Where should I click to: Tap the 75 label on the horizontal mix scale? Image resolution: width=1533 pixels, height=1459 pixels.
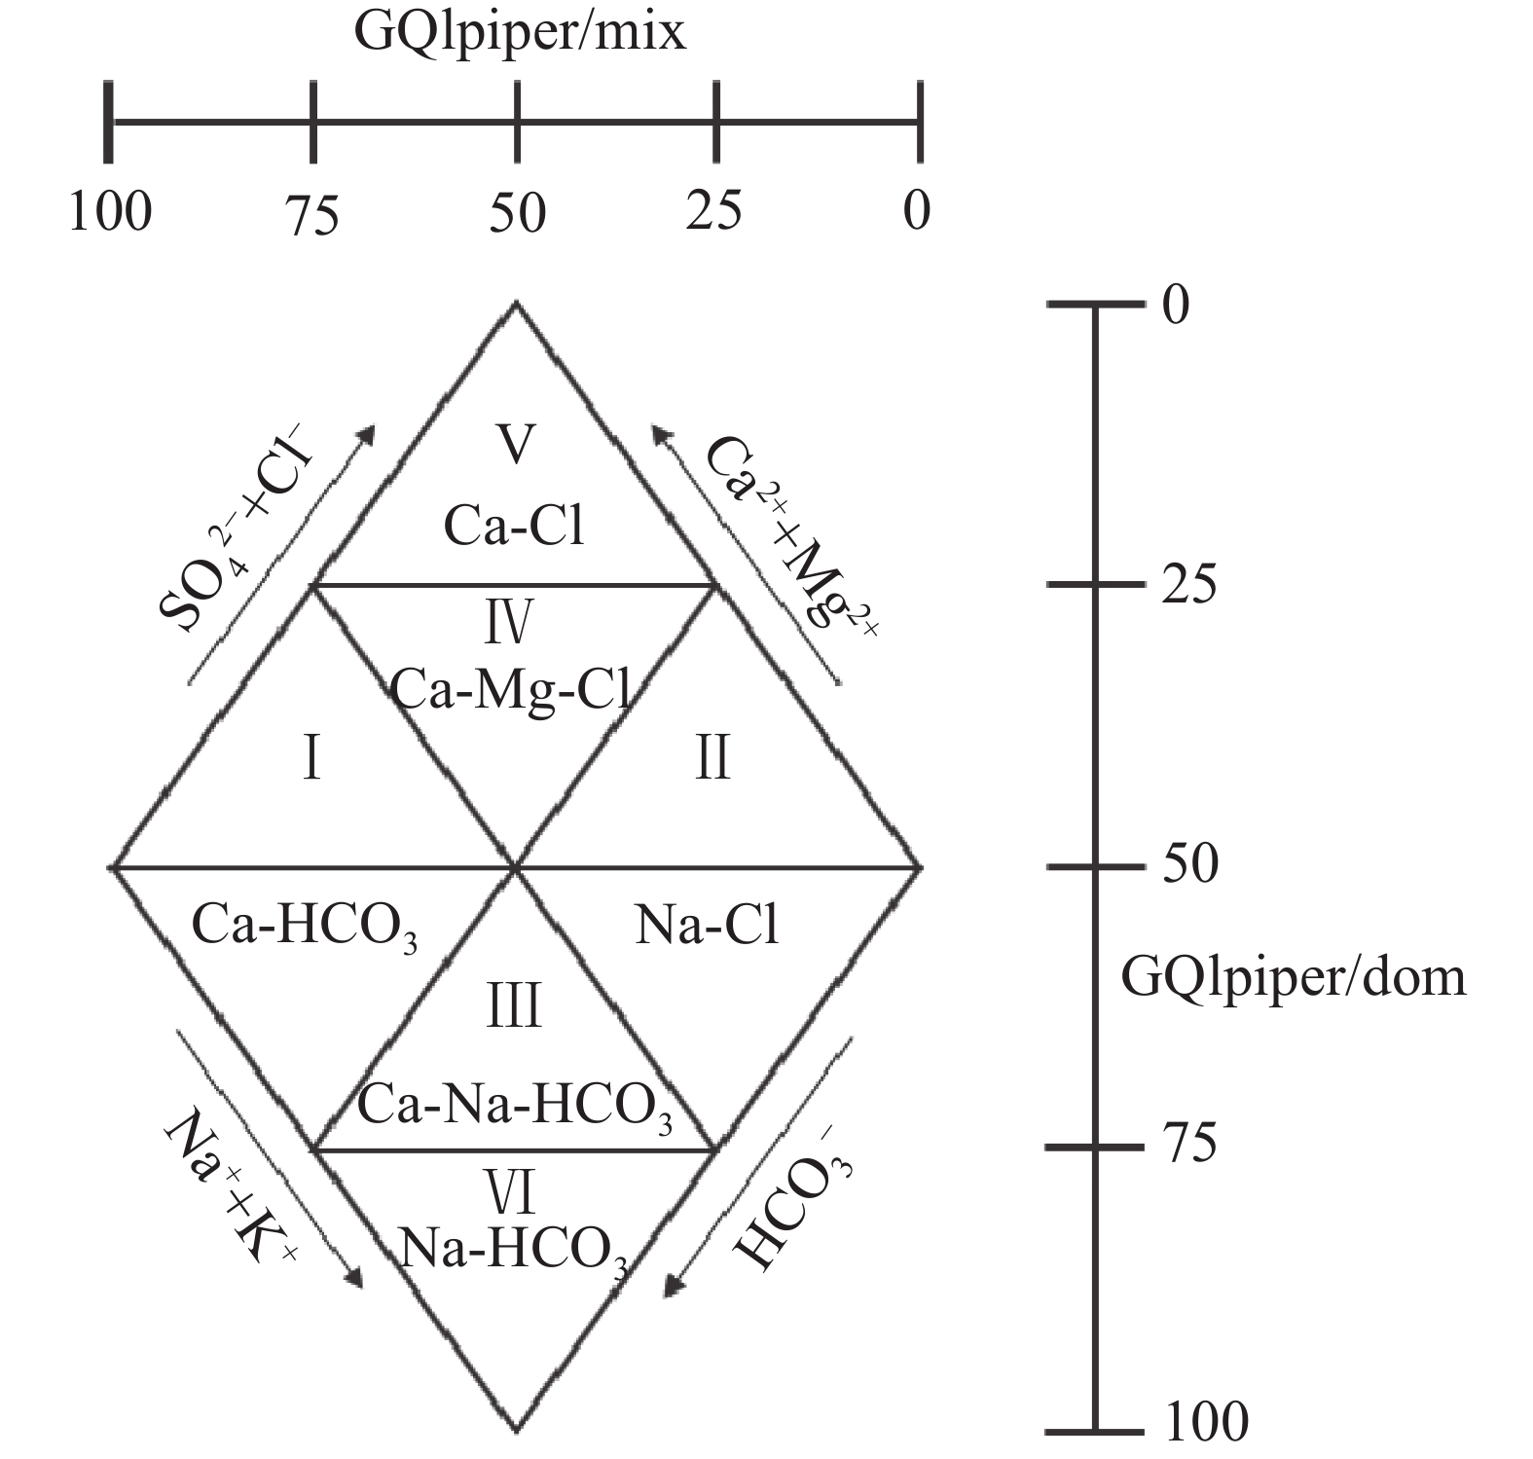pos(312,215)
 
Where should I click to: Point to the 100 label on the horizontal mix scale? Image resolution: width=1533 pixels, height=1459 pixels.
pos(110,211)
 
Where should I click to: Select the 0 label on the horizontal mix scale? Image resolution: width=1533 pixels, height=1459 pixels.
pos(916,210)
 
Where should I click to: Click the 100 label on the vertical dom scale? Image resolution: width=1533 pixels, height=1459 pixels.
pos(1206,1422)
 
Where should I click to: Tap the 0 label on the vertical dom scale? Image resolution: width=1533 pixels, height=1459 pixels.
pos(1176,306)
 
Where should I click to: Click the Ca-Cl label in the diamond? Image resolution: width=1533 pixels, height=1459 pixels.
pos(514,527)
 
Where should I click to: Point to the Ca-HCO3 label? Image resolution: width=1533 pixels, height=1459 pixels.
pos(305,926)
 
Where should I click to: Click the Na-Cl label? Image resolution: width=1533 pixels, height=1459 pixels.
pos(707,926)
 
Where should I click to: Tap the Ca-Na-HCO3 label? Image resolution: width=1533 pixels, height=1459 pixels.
pos(515,1108)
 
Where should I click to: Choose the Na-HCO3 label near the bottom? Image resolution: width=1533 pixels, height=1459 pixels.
pos(513,1249)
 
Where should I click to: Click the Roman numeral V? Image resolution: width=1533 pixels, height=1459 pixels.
pos(515,444)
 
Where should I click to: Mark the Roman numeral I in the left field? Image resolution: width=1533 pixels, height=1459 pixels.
pos(311,758)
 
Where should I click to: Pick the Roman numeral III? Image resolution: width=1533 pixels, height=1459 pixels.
pos(513,1006)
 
